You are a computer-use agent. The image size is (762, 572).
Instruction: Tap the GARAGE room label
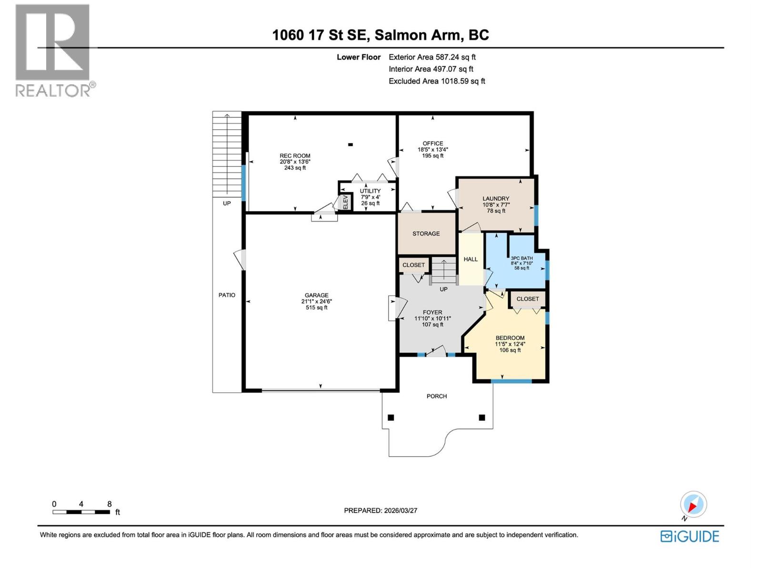pyautogui.click(x=317, y=296)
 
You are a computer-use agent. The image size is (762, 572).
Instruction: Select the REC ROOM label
pyautogui.click(x=295, y=156)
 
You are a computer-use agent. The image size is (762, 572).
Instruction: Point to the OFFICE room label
pyautogui.click(x=432, y=143)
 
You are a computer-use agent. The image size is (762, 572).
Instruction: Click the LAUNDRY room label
pyautogui.click(x=496, y=199)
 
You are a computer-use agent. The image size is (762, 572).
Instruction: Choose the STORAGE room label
pyautogui.click(x=426, y=234)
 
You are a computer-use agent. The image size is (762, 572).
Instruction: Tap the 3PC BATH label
pyautogui.click(x=521, y=258)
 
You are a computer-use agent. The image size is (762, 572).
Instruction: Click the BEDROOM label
pyautogui.click(x=510, y=338)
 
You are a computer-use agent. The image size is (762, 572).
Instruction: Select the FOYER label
pyautogui.click(x=432, y=313)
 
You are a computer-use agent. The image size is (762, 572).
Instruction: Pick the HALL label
pyautogui.click(x=471, y=259)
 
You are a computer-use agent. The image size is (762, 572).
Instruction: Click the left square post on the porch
pyautogui.click(x=391, y=418)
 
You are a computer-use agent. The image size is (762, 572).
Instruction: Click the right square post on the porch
pyautogui.click(x=482, y=418)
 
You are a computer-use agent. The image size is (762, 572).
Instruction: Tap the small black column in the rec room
pyautogui.click(x=351, y=144)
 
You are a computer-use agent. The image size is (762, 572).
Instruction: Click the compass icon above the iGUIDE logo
pyautogui.click(x=693, y=505)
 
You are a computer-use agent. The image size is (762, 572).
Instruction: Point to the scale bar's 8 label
pyautogui.click(x=110, y=504)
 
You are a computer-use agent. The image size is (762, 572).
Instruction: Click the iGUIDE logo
pyautogui.click(x=690, y=536)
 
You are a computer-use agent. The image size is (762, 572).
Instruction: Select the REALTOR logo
pyautogui.click(x=53, y=50)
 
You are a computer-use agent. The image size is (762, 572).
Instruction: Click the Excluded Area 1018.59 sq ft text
pyautogui.click(x=437, y=81)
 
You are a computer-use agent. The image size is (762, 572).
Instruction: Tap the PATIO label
pyautogui.click(x=227, y=295)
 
